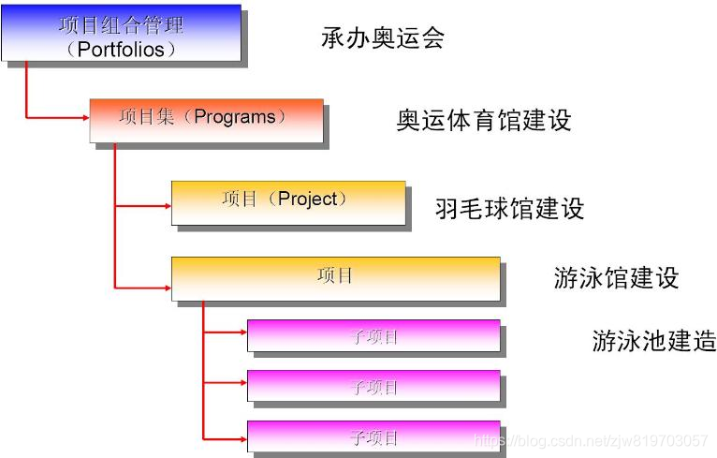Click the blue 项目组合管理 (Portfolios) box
point(121,35)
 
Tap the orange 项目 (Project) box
point(287,202)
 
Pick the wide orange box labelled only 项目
point(335,278)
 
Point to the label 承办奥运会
point(382,37)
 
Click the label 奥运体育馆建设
point(483,121)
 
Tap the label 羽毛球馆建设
point(509,208)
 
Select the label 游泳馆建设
point(616,278)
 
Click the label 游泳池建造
point(653,340)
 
